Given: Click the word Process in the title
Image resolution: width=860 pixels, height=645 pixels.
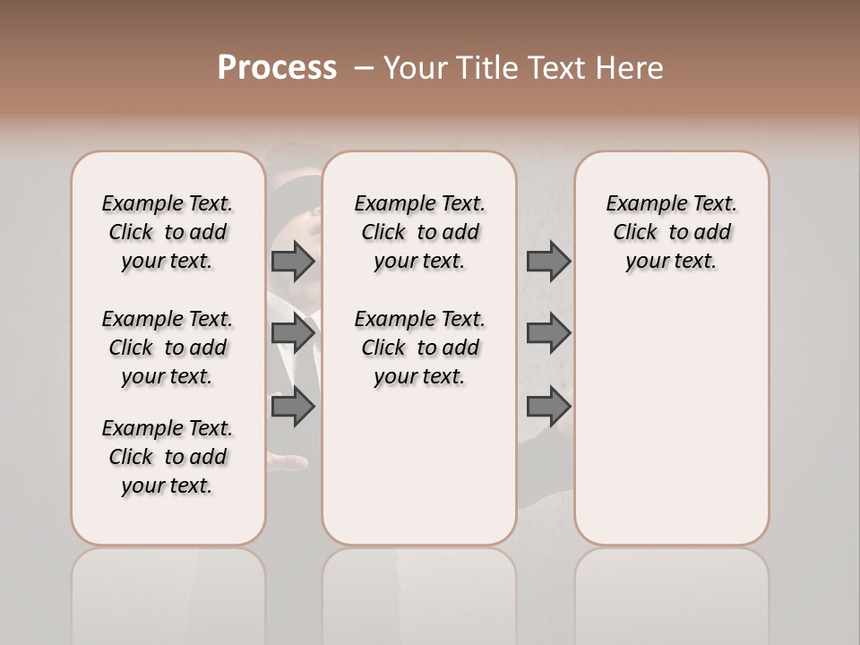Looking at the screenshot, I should coord(277,68).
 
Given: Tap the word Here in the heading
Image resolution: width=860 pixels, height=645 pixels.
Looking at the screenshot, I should coord(628,68).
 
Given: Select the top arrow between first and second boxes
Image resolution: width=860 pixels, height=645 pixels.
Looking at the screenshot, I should coord(293,262).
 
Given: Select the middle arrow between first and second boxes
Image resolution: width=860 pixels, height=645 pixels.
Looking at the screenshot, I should coord(293,334).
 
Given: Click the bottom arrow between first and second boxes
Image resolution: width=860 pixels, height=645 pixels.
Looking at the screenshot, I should coord(293,407).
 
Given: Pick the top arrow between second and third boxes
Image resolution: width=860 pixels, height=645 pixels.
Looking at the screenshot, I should coord(548,262).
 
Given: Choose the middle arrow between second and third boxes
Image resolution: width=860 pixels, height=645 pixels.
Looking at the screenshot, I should coord(548,334).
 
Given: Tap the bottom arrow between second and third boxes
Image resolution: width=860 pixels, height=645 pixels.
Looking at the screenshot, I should coord(548,407).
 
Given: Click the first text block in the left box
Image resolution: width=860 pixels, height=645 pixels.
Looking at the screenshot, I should coord(168,232).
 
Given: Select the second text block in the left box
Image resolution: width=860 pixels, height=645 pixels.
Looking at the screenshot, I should coord(168,348).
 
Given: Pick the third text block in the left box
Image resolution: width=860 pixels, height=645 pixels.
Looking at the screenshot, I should coord(168,457).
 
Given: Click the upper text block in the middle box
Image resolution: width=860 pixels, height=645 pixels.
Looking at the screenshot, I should coord(419,232).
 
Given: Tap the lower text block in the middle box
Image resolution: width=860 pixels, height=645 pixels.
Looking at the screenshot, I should coord(419,348).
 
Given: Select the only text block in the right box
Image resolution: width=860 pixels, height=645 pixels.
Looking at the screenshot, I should coord(672,232).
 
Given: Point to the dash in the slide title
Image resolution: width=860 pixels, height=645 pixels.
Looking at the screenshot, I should coord(363,68).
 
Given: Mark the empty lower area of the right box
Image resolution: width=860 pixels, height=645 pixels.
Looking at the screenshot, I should coord(672,421).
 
